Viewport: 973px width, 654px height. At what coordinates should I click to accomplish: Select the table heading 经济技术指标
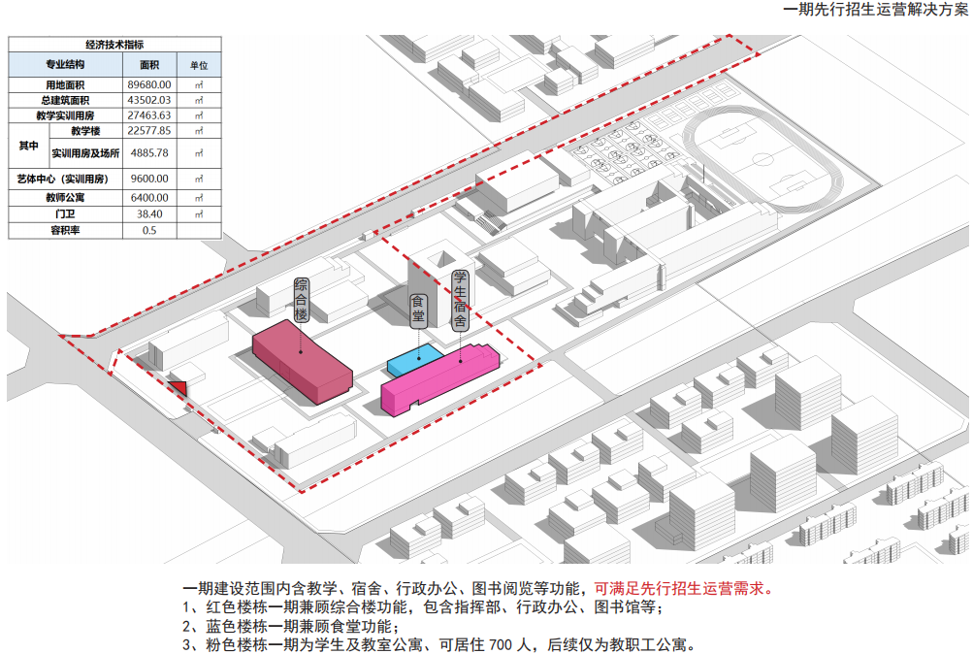114,45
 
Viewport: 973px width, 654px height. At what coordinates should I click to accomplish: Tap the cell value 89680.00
149,85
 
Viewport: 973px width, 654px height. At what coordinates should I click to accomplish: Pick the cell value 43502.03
149,100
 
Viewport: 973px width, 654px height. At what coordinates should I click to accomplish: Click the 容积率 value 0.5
149,230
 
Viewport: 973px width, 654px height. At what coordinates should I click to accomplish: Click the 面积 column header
149,65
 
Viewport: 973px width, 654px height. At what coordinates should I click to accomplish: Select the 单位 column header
199,65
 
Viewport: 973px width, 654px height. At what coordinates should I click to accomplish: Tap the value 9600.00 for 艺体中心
149,179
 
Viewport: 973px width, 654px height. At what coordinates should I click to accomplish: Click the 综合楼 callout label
301,301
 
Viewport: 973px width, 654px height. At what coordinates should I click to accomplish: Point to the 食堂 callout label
418,311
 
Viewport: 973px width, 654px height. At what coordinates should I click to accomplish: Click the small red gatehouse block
178,387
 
